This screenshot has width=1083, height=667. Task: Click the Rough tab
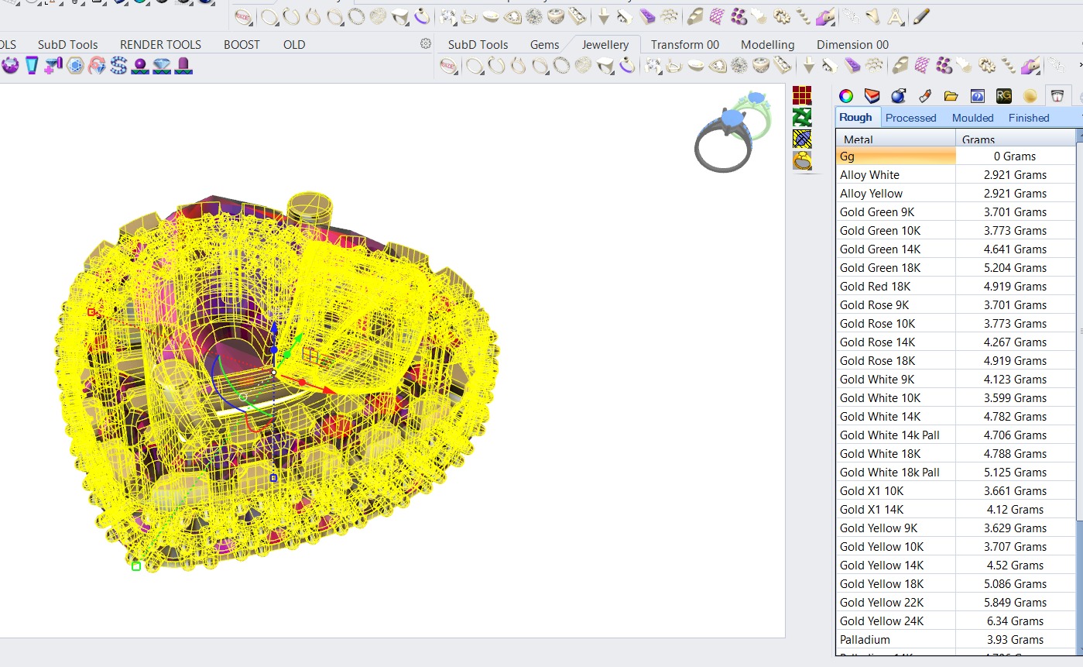855,118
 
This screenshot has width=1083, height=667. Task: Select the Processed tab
910,118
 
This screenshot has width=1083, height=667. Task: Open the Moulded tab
972,118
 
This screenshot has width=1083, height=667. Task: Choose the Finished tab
1029,118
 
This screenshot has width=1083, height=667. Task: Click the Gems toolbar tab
544,45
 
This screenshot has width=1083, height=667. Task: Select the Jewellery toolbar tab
605,45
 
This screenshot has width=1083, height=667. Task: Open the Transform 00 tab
684,45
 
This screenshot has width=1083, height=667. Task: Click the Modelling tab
767,45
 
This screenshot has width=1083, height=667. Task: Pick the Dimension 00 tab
852,45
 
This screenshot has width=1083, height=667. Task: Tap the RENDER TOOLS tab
160,45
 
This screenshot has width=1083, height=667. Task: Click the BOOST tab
242,45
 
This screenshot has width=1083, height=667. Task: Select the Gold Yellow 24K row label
882,621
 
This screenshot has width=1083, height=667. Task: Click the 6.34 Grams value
1016,621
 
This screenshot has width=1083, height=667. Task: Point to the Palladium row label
865,640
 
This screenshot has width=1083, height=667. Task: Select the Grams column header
978,139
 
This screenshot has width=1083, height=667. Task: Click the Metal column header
858,139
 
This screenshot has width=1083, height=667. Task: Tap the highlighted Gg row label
847,156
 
